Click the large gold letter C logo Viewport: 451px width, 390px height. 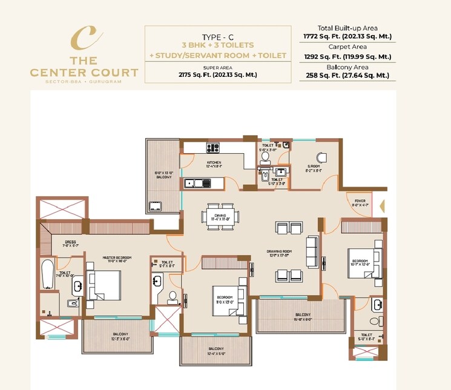coord(84,37)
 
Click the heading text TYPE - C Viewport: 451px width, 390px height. coord(219,36)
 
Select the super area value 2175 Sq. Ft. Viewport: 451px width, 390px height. coord(219,74)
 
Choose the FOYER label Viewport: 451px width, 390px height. coord(360,202)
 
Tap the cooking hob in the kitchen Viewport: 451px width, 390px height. coord(213,147)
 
